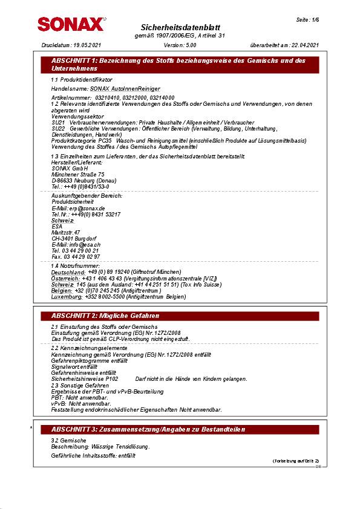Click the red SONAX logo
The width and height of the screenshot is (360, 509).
(x=71, y=24)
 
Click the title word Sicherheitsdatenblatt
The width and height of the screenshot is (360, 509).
(x=180, y=28)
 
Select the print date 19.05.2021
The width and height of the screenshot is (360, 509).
(x=87, y=45)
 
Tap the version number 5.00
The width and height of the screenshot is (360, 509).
(x=190, y=45)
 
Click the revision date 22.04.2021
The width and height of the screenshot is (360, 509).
(x=304, y=45)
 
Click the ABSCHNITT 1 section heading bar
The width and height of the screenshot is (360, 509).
(x=180, y=65)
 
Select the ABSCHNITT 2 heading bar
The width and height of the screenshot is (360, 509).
(x=180, y=316)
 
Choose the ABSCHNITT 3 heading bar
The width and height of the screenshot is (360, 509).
(x=180, y=429)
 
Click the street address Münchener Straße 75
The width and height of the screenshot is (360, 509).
(x=78, y=174)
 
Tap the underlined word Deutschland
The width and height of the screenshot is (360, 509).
(x=67, y=273)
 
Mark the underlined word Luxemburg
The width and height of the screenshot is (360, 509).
(x=67, y=297)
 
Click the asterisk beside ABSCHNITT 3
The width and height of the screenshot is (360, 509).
(x=31, y=428)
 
